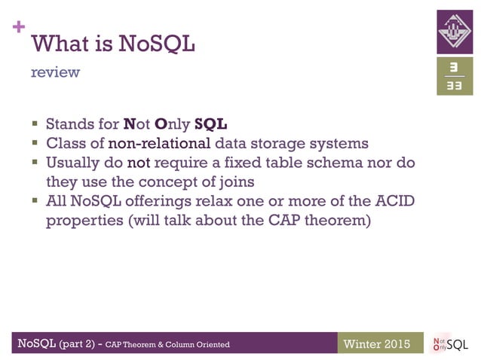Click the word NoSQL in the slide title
tap(157, 44)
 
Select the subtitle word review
tap(55, 73)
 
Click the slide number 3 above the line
tap(455, 68)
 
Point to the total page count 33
tap(455, 86)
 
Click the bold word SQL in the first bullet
tap(210, 123)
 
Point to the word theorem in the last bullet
tap(340, 221)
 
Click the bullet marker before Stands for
tap(35, 123)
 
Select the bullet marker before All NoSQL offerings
tap(35, 202)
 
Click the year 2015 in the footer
tap(395, 344)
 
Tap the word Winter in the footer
tap(361, 344)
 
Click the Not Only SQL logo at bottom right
tap(450, 344)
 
